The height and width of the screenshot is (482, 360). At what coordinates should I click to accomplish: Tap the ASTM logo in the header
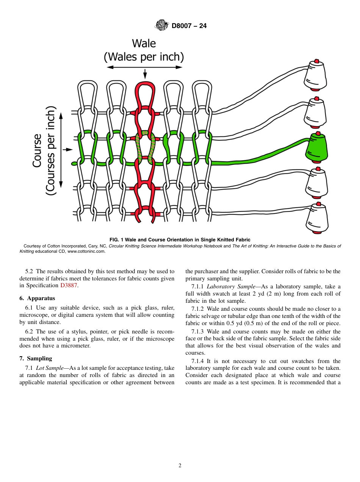(162, 26)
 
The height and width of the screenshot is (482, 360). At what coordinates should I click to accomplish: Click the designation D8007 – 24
(189, 26)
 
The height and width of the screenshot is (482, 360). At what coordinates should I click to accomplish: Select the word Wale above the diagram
(144, 44)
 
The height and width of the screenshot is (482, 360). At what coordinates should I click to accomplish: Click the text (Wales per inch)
(144, 57)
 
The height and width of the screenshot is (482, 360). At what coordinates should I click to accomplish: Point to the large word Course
(37, 150)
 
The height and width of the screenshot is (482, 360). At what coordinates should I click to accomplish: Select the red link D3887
(69, 286)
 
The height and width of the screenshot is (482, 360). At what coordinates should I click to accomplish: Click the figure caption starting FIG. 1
(180, 239)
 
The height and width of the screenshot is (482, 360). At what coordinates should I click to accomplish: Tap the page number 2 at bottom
(180, 466)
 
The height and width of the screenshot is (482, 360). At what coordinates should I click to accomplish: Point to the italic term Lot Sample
(50, 368)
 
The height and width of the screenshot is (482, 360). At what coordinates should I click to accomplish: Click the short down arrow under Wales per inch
(145, 75)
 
